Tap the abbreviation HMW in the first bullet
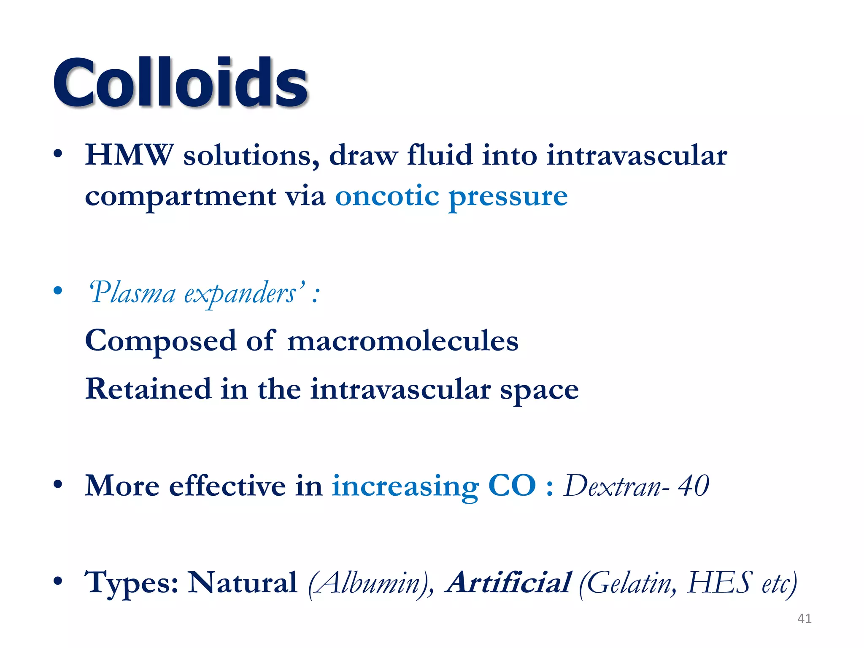(x=129, y=155)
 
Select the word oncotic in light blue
(x=387, y=196)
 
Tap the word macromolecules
(x=402, y=341)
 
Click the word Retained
(x=148, y=389)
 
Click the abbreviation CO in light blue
(x=512, y=486)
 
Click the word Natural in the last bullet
(x=242, y=583)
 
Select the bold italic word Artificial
(x=509, y=583)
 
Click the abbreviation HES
(x=719, y=583)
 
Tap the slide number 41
(x=804, y=618)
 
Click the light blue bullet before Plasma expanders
(x=58, y=291)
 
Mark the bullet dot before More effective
(x=58, y=485)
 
